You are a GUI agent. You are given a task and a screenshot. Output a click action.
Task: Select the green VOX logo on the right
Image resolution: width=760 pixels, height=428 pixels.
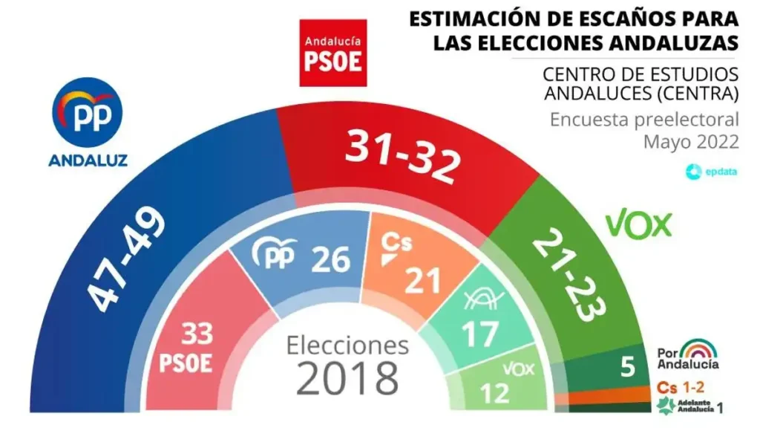coord(639,223)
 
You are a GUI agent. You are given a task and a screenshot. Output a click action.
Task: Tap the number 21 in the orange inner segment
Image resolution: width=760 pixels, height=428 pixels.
coord(422,279)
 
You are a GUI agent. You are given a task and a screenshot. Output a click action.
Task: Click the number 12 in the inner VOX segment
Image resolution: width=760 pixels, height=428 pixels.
coord(497,390)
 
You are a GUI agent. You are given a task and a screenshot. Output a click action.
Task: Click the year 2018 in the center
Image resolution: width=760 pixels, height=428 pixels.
coord(347,378)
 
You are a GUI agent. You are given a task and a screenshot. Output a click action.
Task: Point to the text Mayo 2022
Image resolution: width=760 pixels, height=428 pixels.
coord(691,141)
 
